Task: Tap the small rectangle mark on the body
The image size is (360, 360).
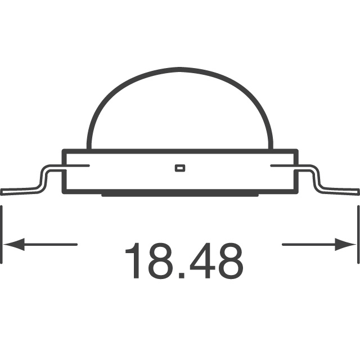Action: (x=180, y=167)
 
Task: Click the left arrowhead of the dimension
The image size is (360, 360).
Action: (x=12, y=244)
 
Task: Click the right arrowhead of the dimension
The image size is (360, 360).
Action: (x=347, y=244)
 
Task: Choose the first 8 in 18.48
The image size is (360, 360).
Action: (x=163, y=261)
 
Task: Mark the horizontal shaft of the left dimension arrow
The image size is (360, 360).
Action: (x=51, y=244)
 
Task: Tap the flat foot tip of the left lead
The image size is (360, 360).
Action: (x=11, y=191)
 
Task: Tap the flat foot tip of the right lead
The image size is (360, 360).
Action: (x=349, y=191)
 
